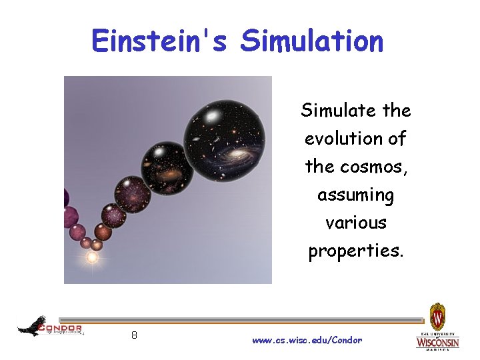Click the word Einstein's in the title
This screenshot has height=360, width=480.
[159, 41]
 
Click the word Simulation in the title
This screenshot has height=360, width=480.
[312, 41]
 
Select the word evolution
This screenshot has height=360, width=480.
[340, 139]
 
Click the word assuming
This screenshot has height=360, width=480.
[355, 195]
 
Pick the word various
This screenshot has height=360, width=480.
[355, 222]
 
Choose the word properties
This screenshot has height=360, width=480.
[355, 251]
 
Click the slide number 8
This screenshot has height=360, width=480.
[134, 335]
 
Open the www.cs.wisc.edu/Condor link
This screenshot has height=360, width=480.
[307, 340]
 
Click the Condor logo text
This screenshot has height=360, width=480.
[61, 328]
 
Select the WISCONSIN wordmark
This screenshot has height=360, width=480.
[437, 342]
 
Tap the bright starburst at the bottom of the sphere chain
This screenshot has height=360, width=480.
[92, 257]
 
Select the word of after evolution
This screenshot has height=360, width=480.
[396, 139]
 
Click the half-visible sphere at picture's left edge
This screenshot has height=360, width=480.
[66, 198]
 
